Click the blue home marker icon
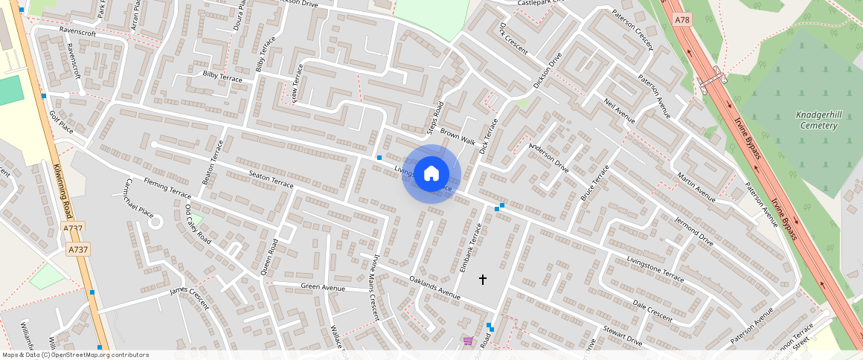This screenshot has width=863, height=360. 431,174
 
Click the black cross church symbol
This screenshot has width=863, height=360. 482,280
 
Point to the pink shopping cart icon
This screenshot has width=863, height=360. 468,341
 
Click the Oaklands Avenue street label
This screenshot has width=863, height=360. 435,289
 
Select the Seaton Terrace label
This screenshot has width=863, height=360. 271,181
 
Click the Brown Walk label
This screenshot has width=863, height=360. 457,136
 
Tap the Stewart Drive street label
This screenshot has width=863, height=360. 622,334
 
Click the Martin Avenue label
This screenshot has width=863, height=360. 696,187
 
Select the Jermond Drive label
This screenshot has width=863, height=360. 693,231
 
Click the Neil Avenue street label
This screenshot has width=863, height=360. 619,111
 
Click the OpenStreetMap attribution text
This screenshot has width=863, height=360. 75,355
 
